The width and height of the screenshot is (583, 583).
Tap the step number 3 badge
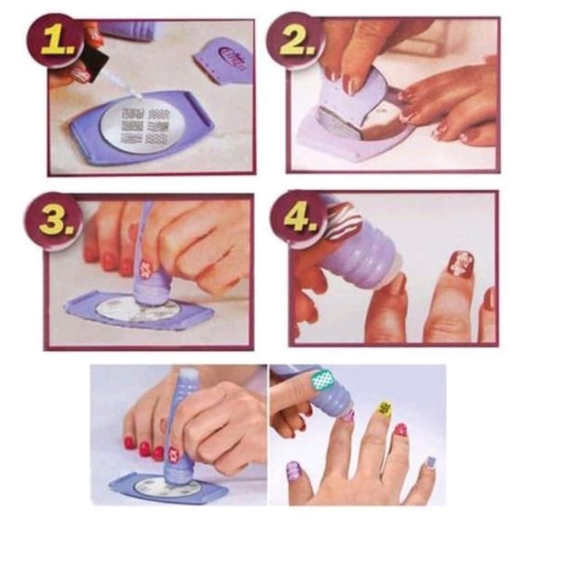[x=53, y=221]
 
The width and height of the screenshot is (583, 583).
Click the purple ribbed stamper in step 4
[x=357, y=249]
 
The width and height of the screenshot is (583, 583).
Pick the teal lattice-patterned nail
[x=323, y=380]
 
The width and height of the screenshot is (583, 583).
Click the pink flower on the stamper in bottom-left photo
[x=173, y=454]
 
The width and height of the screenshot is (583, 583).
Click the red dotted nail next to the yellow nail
[x=402, y=431]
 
